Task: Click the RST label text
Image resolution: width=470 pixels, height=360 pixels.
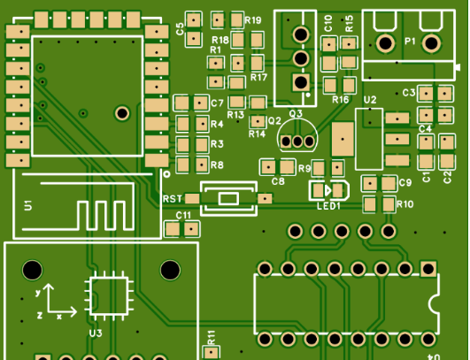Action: point(173,199)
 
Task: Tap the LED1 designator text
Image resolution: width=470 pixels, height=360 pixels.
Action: point(328,206)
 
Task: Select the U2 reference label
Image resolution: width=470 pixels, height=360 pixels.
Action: point(370,100)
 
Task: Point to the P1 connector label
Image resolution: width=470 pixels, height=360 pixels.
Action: point(410,41)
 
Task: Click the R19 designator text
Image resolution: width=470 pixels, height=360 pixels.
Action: point(253,20)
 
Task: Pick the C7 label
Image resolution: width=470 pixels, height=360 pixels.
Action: point(217,103)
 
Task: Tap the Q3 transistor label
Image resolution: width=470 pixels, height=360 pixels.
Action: point(296,113)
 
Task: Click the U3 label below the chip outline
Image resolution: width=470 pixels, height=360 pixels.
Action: point(96,333)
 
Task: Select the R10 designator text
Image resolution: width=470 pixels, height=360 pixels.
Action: point(405,204)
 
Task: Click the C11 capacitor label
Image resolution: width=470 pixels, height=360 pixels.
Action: point(183,215)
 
